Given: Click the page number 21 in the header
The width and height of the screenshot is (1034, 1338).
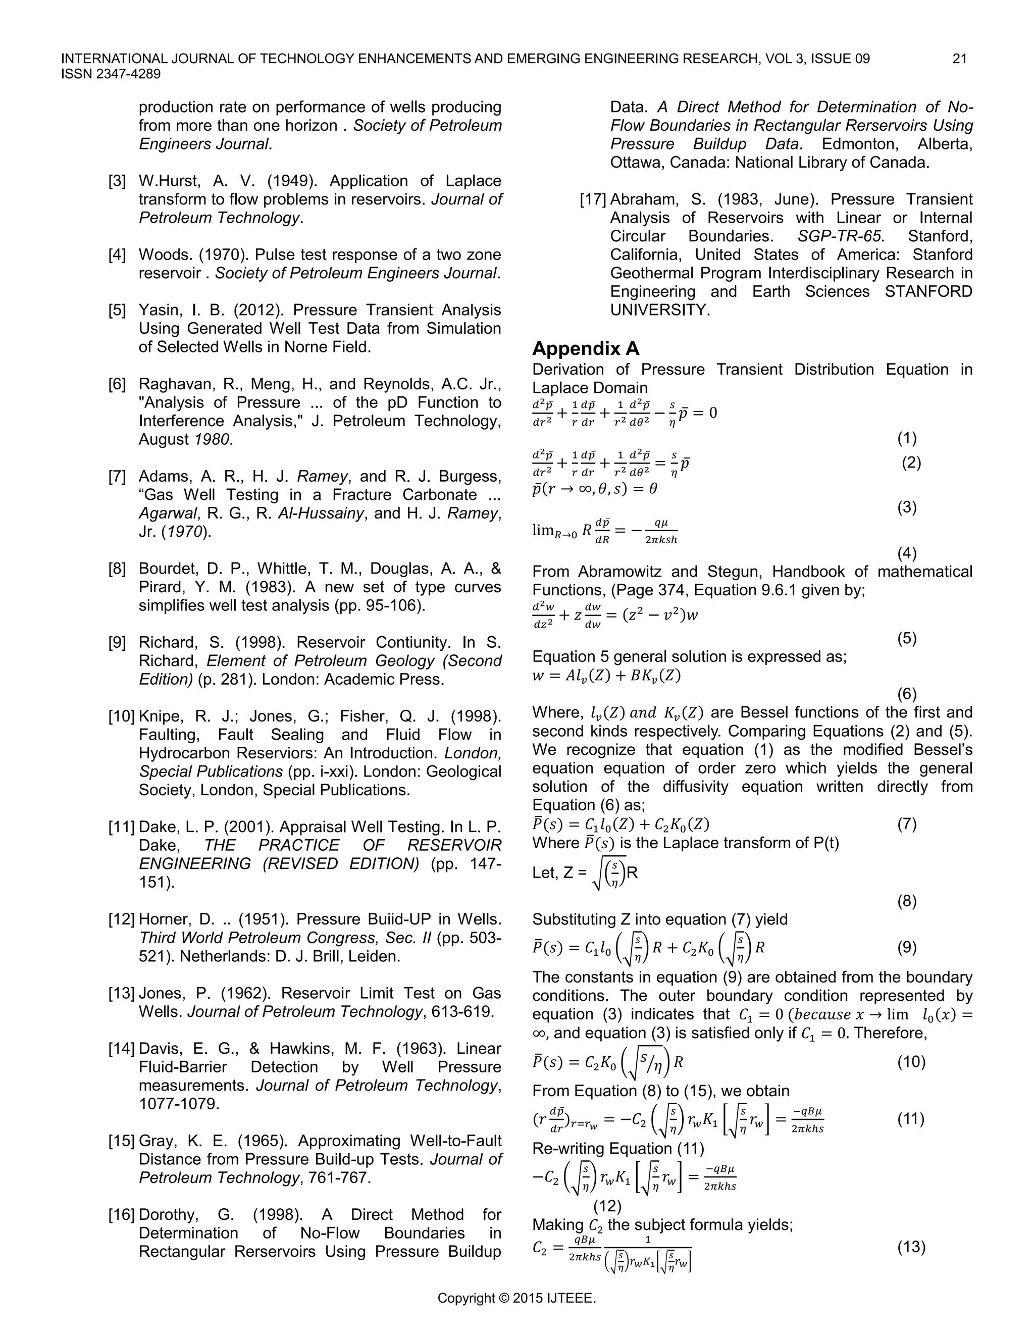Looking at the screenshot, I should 959,59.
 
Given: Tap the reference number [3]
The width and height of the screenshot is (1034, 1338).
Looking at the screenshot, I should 117,181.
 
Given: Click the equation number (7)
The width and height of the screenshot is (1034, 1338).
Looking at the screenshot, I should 907,824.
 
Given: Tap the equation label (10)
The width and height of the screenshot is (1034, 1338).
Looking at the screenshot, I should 911,1062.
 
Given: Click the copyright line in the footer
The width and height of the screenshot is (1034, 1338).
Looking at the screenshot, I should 516,1298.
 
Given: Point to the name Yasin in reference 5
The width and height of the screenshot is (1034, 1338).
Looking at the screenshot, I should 158,311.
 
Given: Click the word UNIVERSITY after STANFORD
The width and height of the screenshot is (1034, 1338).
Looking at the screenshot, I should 660,310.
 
